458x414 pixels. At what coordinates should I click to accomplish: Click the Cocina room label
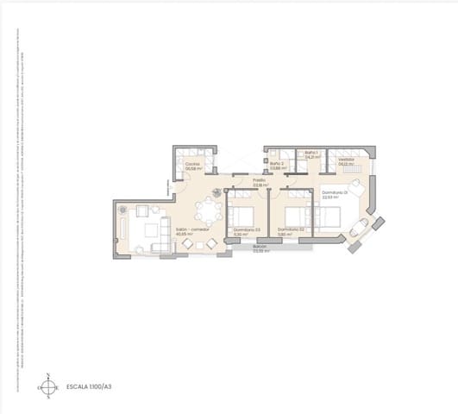[191, 163]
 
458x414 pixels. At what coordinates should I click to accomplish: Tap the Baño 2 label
[276, 163]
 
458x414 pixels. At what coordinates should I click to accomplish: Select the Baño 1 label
[311, 154]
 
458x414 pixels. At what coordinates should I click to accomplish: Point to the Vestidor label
[347, 159]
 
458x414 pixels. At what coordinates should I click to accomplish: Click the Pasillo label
[259, 180]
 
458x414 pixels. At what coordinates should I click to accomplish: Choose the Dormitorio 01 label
[333, 191]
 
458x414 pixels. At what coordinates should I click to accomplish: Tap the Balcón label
[260, 247]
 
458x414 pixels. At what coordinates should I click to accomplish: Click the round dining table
[207, 210]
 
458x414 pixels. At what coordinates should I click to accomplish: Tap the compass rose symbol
[48, 387]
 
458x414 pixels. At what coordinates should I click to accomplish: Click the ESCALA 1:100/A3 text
[90, 387]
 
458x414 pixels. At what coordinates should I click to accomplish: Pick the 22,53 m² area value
[329, 197]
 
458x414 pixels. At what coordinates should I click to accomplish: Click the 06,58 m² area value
[191, 168]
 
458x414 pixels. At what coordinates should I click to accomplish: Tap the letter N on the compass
[48, 375]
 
